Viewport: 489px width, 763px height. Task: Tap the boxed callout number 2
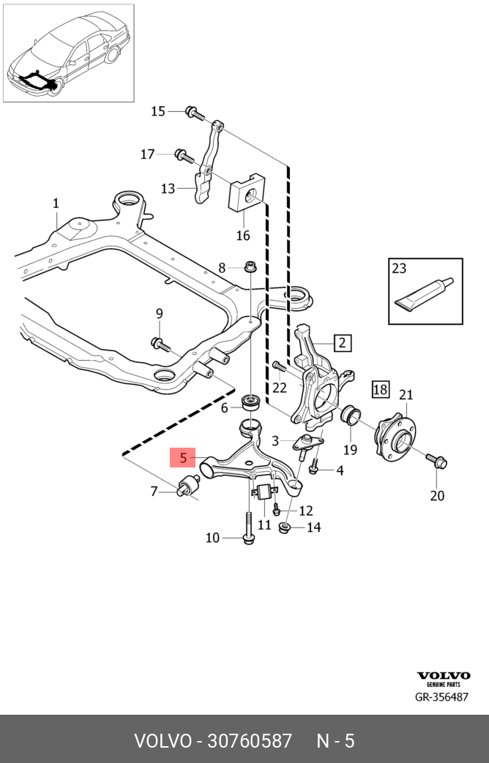[x=343, y=342]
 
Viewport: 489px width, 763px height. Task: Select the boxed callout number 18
[x=381, y=389]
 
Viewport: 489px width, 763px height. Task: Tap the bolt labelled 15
[x=192, y=112]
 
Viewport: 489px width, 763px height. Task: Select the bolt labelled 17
[x=182, y=155]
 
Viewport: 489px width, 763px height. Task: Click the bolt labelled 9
[x=160, y=342]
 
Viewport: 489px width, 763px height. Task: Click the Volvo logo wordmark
[x=443, y=676]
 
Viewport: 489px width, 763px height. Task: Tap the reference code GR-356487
[x=441, y=697]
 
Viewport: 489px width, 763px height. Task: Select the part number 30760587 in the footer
[x=250, y=741]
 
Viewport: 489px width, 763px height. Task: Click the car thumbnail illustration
[x=69, y=52]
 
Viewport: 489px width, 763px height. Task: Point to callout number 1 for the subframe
[x=56, y=203]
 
